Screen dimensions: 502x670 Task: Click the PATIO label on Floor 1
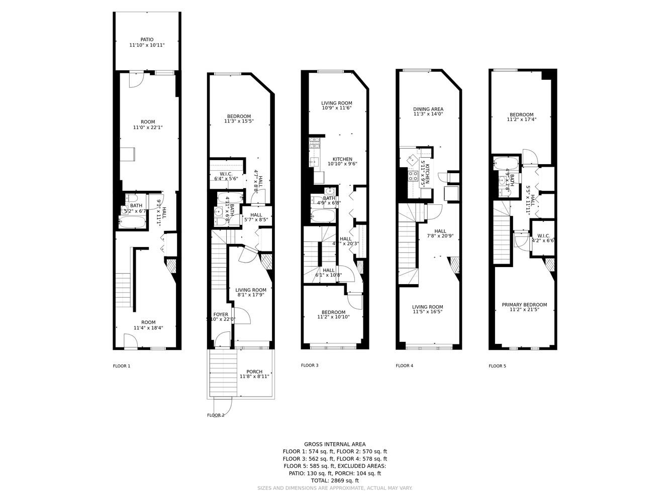pyautogui.click(x=147, y=40)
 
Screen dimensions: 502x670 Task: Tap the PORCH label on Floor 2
pyautogui.click(x=254, y=372)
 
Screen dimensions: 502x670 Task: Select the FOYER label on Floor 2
pyautogui.click(x=220, y=315)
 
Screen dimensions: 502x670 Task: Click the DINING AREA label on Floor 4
pyautogui.click(x=428, y=109)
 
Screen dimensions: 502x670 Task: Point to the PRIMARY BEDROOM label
pyautogui.click(x=524, y=305)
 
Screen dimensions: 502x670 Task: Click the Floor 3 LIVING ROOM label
pyautogui.click(x=336, y=103)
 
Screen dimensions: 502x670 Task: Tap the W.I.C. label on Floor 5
pyautogui.click(x=543, y=235)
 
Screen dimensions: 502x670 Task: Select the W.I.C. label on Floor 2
pyautogui.click(x=226, y=174)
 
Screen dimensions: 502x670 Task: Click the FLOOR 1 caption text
pyautogui.click(x=122, y=366)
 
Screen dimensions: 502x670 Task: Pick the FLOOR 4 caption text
pyautogui.click(x=405, y=366)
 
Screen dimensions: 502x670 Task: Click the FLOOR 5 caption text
pyautogui.click(x=497, y=366)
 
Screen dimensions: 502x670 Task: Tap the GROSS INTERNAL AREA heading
pyautogui.click(x=335, y=444)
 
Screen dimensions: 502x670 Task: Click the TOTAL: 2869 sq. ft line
pyautogui.click(x=335, y=480)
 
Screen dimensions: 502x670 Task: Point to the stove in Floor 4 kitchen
pyautogui.click(x=413, y=176)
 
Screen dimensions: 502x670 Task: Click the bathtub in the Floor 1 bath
pyautogui.click(x=133, y=221)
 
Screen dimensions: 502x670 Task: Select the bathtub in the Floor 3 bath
pyautogui.click(x=323, y=216)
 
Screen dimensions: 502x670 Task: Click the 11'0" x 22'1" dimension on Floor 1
pyautogui.click(x=148, y=128)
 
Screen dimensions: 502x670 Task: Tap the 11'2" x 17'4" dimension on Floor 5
pyautogui.click(x=521, y=120)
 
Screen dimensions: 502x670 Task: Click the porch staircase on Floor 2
pyautogui.click(x=223, y=374)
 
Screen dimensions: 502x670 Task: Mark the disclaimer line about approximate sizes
pyautogui.click(x=335, y=488)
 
